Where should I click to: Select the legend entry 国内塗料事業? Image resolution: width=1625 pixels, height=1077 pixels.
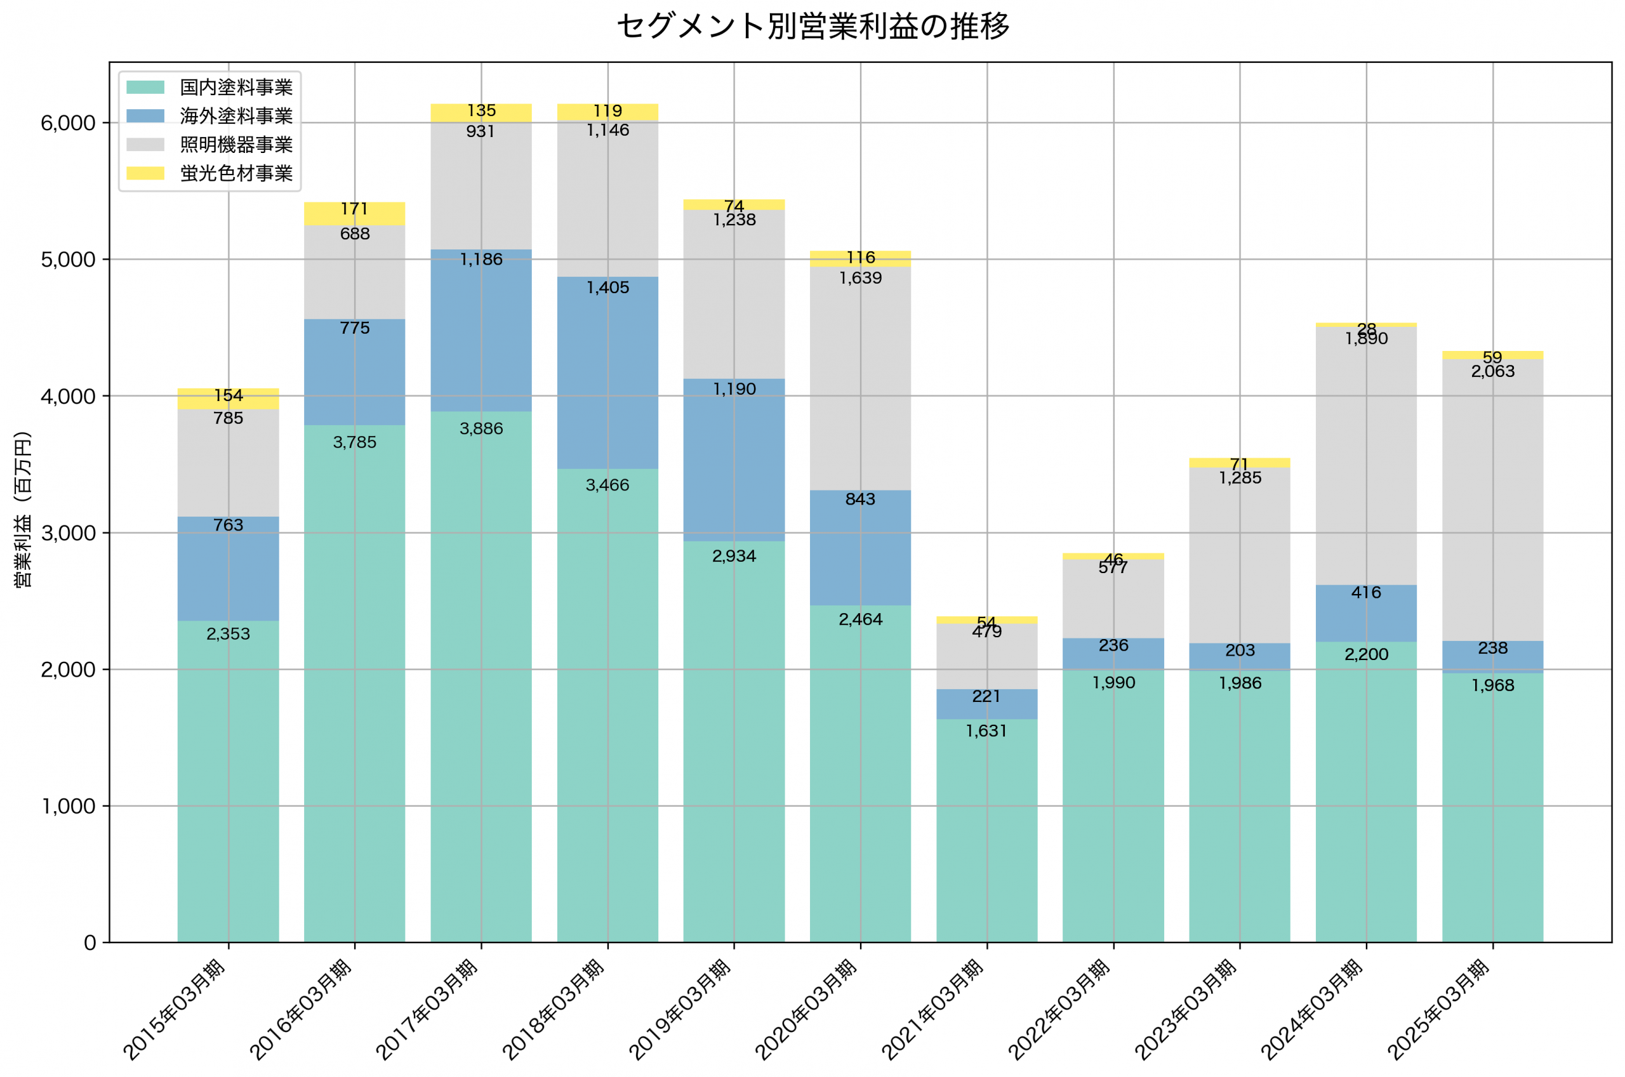point(235,87)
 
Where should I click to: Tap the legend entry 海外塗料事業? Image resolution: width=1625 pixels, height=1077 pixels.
point(235,116)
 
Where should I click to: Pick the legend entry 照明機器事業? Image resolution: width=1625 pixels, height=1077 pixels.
point(235,145)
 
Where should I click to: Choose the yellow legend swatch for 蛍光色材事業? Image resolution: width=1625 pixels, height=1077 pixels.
point(145,173)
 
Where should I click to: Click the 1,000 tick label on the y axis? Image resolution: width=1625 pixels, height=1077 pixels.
point(68,807)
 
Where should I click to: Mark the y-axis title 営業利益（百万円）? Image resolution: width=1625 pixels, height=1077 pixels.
point(23,510)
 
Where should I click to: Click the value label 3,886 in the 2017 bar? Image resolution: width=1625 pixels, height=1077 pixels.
point(481,429)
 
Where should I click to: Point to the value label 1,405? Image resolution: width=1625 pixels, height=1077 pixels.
point(607,287)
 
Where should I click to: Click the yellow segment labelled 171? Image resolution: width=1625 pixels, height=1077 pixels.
point(354,215)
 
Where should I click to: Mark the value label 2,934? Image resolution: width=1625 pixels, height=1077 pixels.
point(734,557)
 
